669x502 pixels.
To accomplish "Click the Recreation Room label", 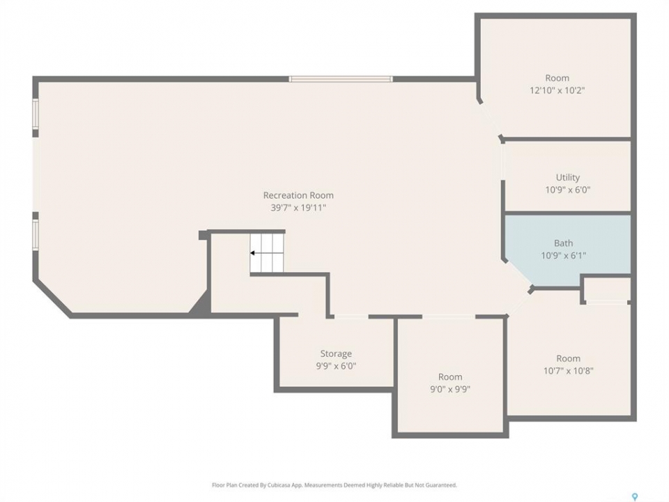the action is [x=298, y=195].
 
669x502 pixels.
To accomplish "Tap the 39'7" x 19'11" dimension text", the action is [x=298, y=208].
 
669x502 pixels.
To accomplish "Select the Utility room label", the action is [x=567, y=178].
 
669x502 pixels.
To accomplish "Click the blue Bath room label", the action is [x=563, y=243].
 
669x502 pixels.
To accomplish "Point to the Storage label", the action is [x=336, y=354].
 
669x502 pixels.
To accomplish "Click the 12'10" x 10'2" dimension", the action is [x=557, y=91].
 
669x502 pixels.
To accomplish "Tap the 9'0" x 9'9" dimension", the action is [x=450, y=389].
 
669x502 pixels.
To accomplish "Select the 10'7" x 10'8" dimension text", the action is [x=568, y=371].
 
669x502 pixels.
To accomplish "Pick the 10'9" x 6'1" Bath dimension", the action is [x=563, y=256].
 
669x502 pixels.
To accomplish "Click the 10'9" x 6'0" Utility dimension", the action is [x=567, y=190].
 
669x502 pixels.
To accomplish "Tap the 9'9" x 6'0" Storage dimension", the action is [x=336, y=366].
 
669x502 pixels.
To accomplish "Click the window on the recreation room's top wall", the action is [x=341, y=79].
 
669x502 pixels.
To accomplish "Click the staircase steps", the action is [x=267, y=252].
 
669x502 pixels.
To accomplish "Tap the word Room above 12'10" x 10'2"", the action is [x=557, y=78].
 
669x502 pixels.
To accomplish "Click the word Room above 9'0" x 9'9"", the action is [x=450, y=377].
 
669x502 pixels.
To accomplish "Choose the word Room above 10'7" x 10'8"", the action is [x=568, y=358].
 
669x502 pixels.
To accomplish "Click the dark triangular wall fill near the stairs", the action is [x=202, y=305].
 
